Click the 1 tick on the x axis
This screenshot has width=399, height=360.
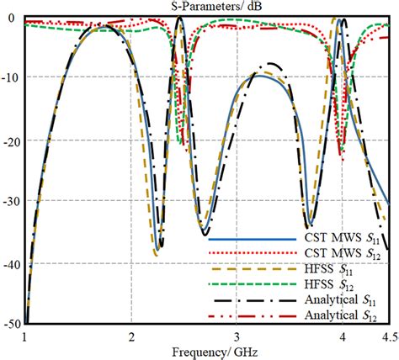point(25,336)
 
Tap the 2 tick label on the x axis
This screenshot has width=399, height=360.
point(130,336)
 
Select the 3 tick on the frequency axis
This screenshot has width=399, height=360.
point(237,336)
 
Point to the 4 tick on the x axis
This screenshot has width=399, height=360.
point(343,336)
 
